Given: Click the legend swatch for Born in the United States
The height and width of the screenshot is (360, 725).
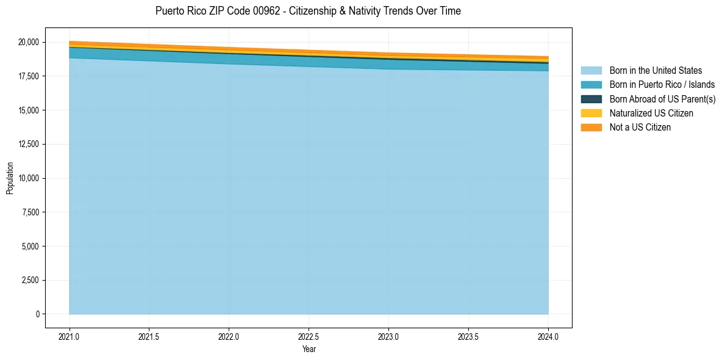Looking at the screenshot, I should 591,71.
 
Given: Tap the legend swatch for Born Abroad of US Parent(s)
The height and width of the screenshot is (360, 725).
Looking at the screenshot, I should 591,99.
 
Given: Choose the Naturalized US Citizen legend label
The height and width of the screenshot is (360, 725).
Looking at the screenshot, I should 651,113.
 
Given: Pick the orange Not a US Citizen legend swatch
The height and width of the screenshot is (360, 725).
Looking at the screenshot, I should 591,127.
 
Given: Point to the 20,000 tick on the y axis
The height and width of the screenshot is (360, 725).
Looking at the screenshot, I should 29,42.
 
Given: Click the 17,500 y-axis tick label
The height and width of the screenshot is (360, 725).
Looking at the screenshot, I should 29,76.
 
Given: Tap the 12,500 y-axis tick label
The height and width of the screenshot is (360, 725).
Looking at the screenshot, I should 29,144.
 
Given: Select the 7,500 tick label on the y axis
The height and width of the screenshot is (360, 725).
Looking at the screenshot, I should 30,212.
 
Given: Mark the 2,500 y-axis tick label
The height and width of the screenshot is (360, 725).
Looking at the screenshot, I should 30,280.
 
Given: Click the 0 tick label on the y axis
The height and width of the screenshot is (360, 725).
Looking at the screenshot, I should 37,314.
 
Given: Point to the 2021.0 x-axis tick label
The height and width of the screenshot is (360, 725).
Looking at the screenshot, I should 70,336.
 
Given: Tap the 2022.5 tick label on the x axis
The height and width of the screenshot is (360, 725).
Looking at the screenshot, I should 309,336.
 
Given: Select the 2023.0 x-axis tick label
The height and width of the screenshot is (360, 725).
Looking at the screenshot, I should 388,336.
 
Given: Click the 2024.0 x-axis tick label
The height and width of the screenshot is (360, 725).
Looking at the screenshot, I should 548,336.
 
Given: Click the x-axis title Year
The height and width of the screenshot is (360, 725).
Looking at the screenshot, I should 309,349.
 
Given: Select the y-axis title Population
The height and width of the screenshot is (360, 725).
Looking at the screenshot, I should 10,178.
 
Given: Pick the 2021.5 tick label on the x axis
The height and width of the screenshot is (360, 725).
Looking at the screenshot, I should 149,336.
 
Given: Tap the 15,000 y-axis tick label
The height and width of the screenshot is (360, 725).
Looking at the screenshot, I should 29,110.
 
